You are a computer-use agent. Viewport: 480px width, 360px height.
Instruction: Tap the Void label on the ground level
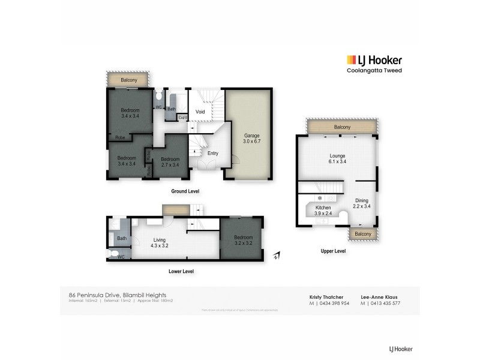click(200, 112)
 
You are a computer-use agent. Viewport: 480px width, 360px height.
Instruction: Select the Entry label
click(213, 154)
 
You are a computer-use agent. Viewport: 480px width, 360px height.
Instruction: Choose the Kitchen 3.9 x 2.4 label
click(323, 211)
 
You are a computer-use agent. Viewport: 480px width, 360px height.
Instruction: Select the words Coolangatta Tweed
click(374, 71)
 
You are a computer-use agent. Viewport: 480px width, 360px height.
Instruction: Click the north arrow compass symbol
click(275, 256)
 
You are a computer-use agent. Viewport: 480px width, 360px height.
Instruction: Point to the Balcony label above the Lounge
click(342, 127)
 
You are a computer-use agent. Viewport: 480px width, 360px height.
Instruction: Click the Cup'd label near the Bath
click(183, 117)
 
